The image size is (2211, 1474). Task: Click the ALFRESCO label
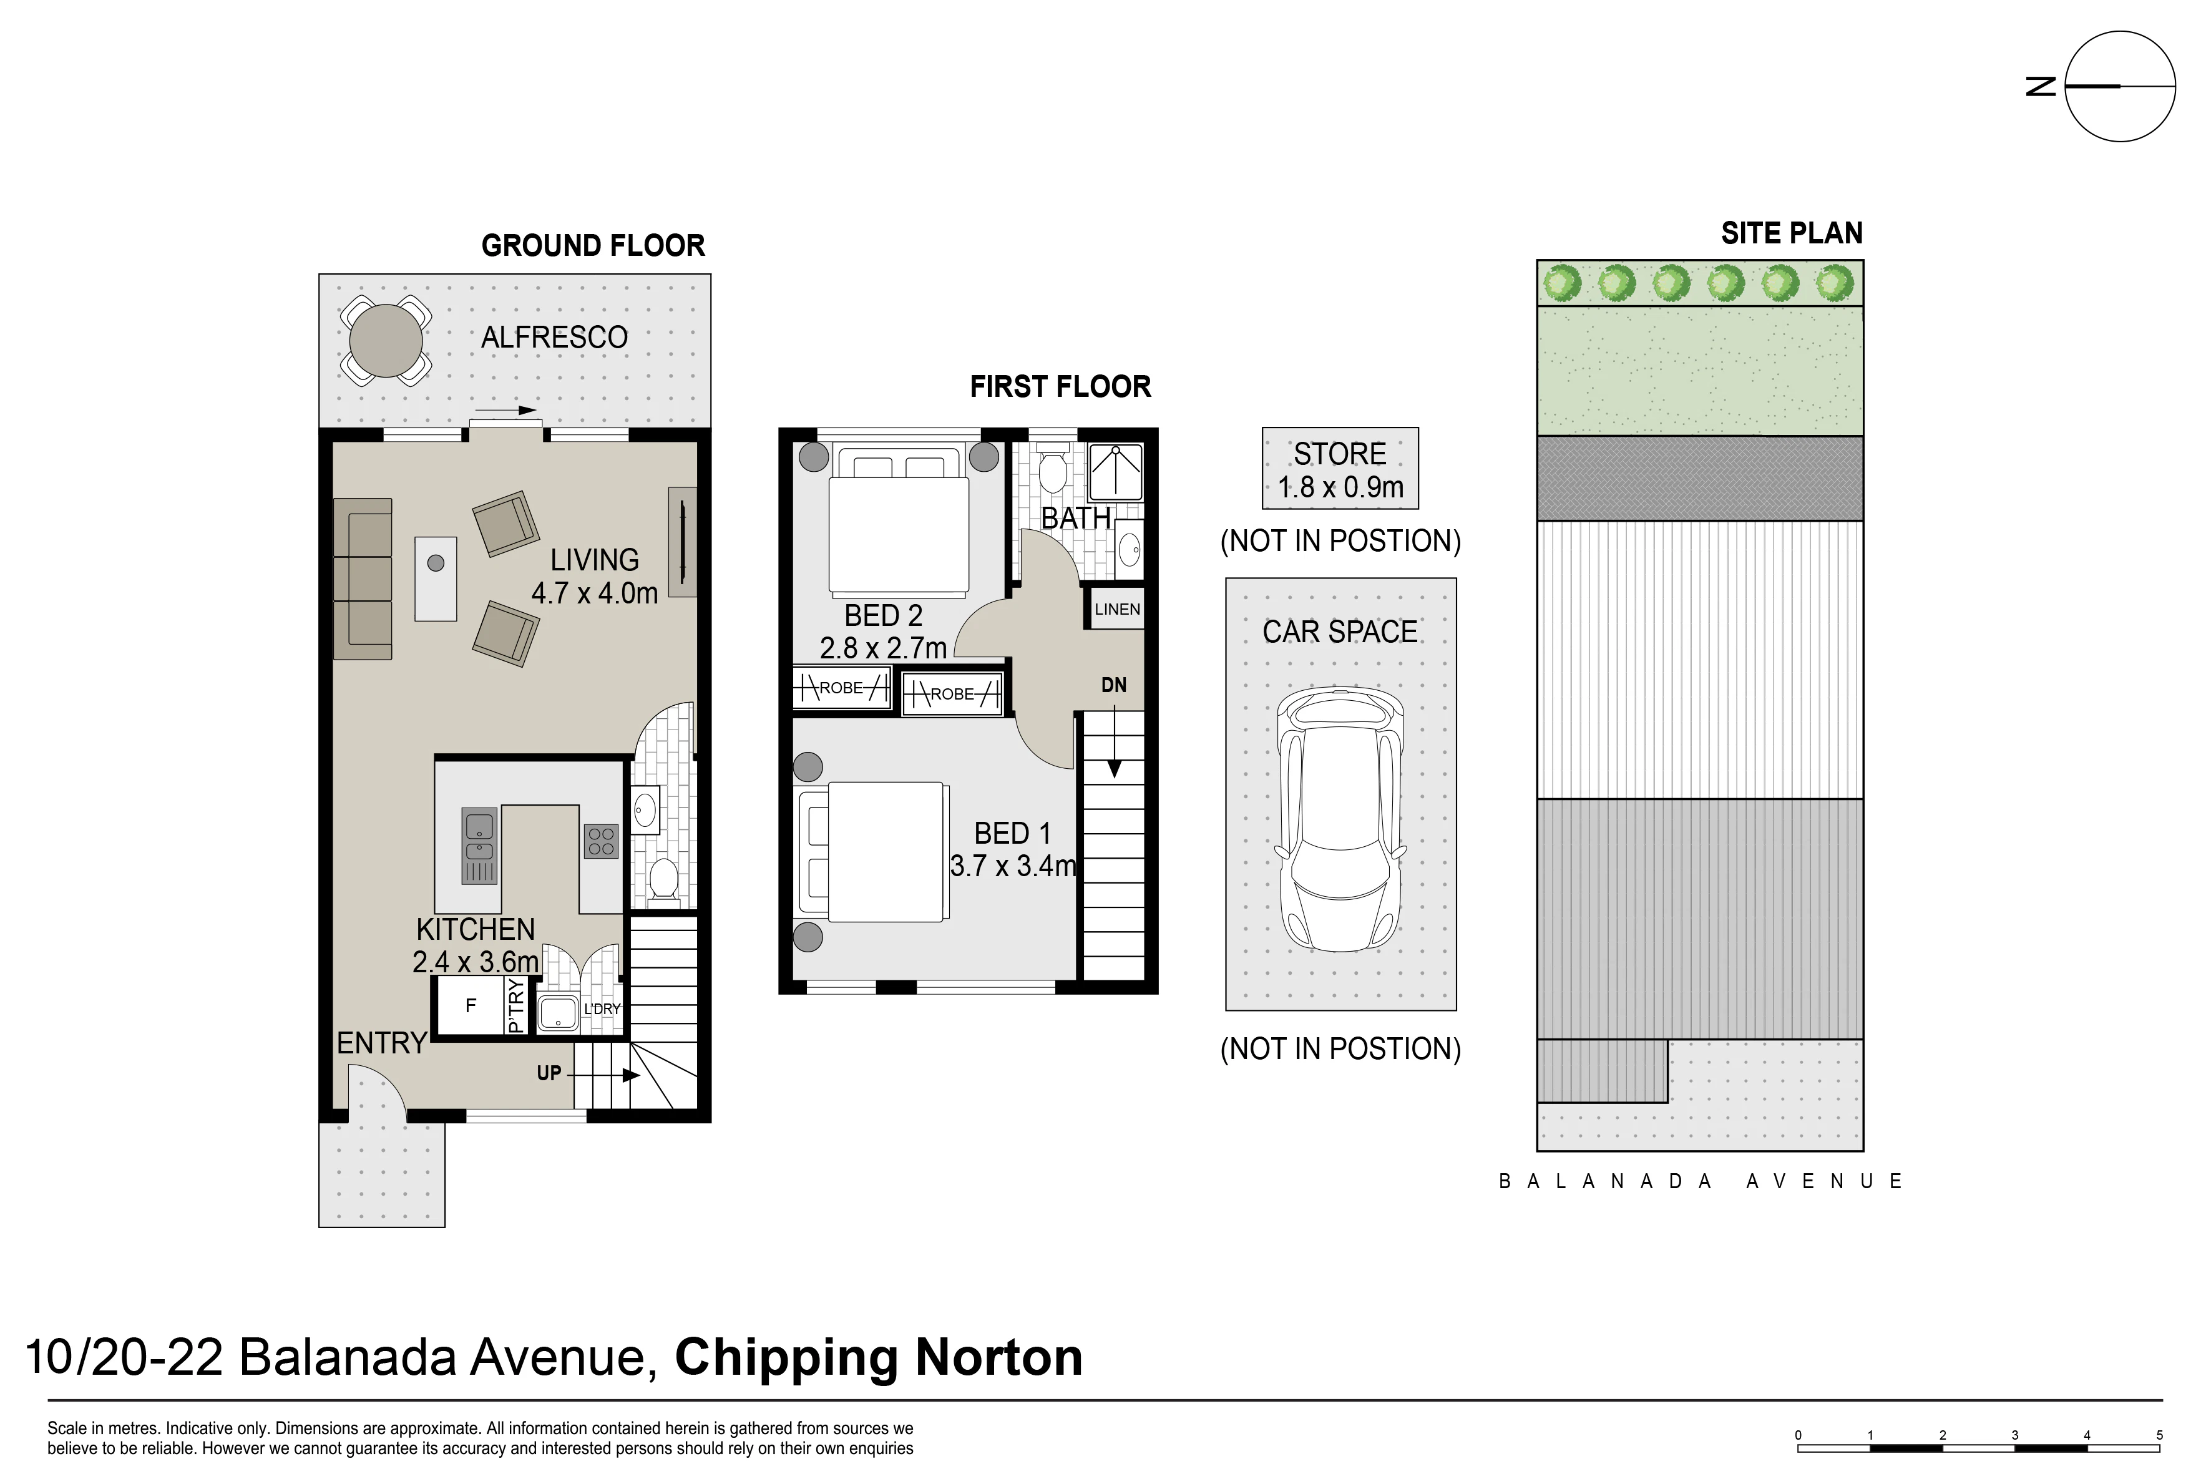tap(555, 338)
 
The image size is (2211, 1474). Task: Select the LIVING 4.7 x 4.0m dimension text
tap(594, 576)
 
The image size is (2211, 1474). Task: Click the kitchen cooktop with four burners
tap(601, 841)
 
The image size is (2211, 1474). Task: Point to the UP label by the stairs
tap(549, 1073)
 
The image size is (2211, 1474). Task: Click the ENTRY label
tap(382, 1043)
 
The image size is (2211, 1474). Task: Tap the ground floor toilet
tap(664, 881)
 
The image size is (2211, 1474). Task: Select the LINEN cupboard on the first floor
tap(1117, 609)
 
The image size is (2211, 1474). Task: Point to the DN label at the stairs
tap(1114, 685)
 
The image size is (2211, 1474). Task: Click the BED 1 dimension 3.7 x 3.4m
tap(1012, 866)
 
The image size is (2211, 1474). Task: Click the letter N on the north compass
tap(2041, 87)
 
